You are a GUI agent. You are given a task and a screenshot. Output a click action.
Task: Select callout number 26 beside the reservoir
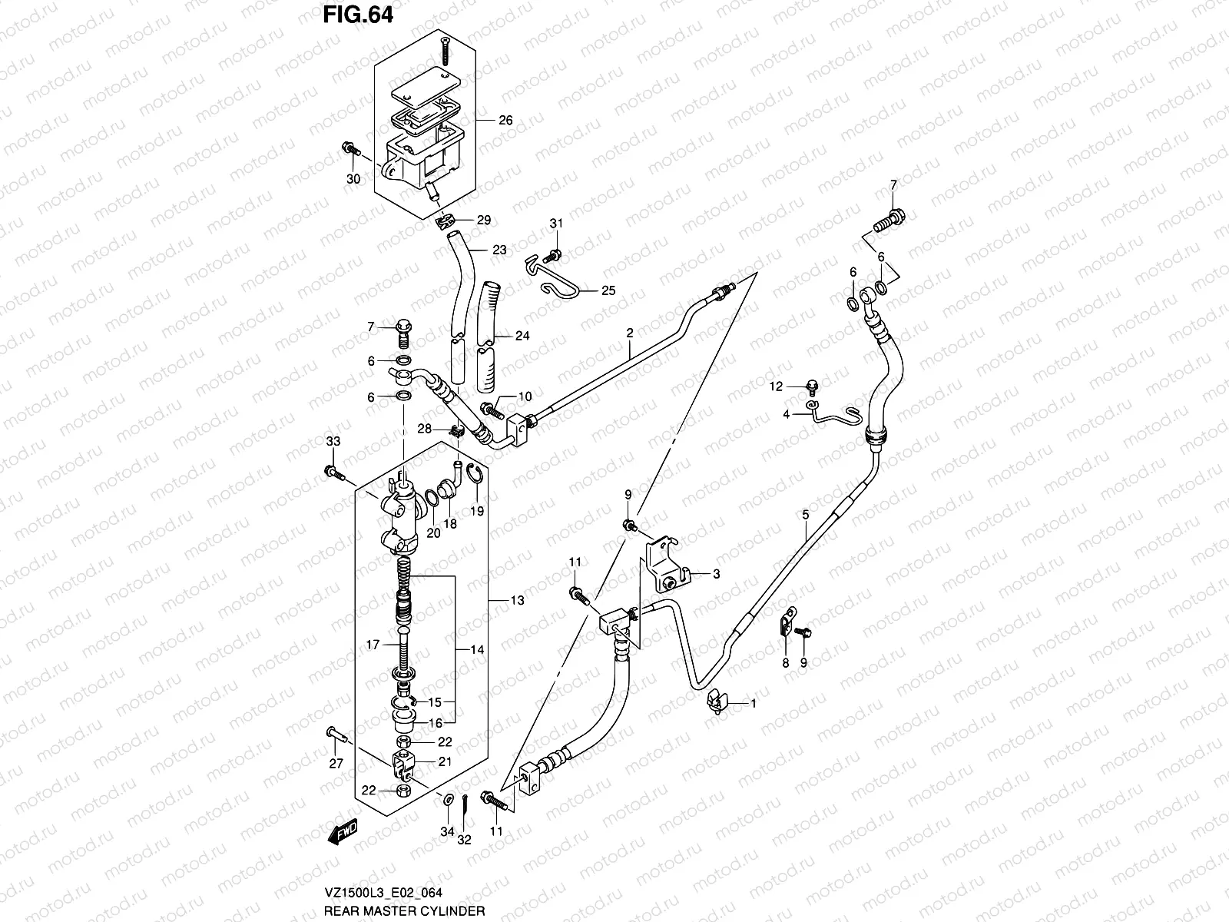coord(505,121)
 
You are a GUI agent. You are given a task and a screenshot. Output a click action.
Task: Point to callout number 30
coord(353,179)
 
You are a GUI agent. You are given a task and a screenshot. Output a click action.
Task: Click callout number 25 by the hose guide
coord(608,291)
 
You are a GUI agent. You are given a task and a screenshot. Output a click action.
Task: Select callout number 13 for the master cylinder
coord(517,600)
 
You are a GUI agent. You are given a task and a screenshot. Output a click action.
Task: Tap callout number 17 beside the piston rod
coord(373,645)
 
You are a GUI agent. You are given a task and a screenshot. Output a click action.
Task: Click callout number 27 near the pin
coord(336,764)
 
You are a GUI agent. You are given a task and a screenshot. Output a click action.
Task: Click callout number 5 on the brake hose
coord(805,516)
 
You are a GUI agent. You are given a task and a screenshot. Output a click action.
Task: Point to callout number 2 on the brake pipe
coord(630,333)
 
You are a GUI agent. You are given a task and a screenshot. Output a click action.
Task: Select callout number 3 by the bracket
coord(715,573)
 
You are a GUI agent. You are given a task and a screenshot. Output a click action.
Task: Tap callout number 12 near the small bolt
coord(776,386)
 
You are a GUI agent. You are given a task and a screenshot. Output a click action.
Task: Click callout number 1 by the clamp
coord(754,703)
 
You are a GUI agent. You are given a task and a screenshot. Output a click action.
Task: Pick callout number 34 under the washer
coord(448,831)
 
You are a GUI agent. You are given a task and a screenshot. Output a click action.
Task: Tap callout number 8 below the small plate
coord(785,662)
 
